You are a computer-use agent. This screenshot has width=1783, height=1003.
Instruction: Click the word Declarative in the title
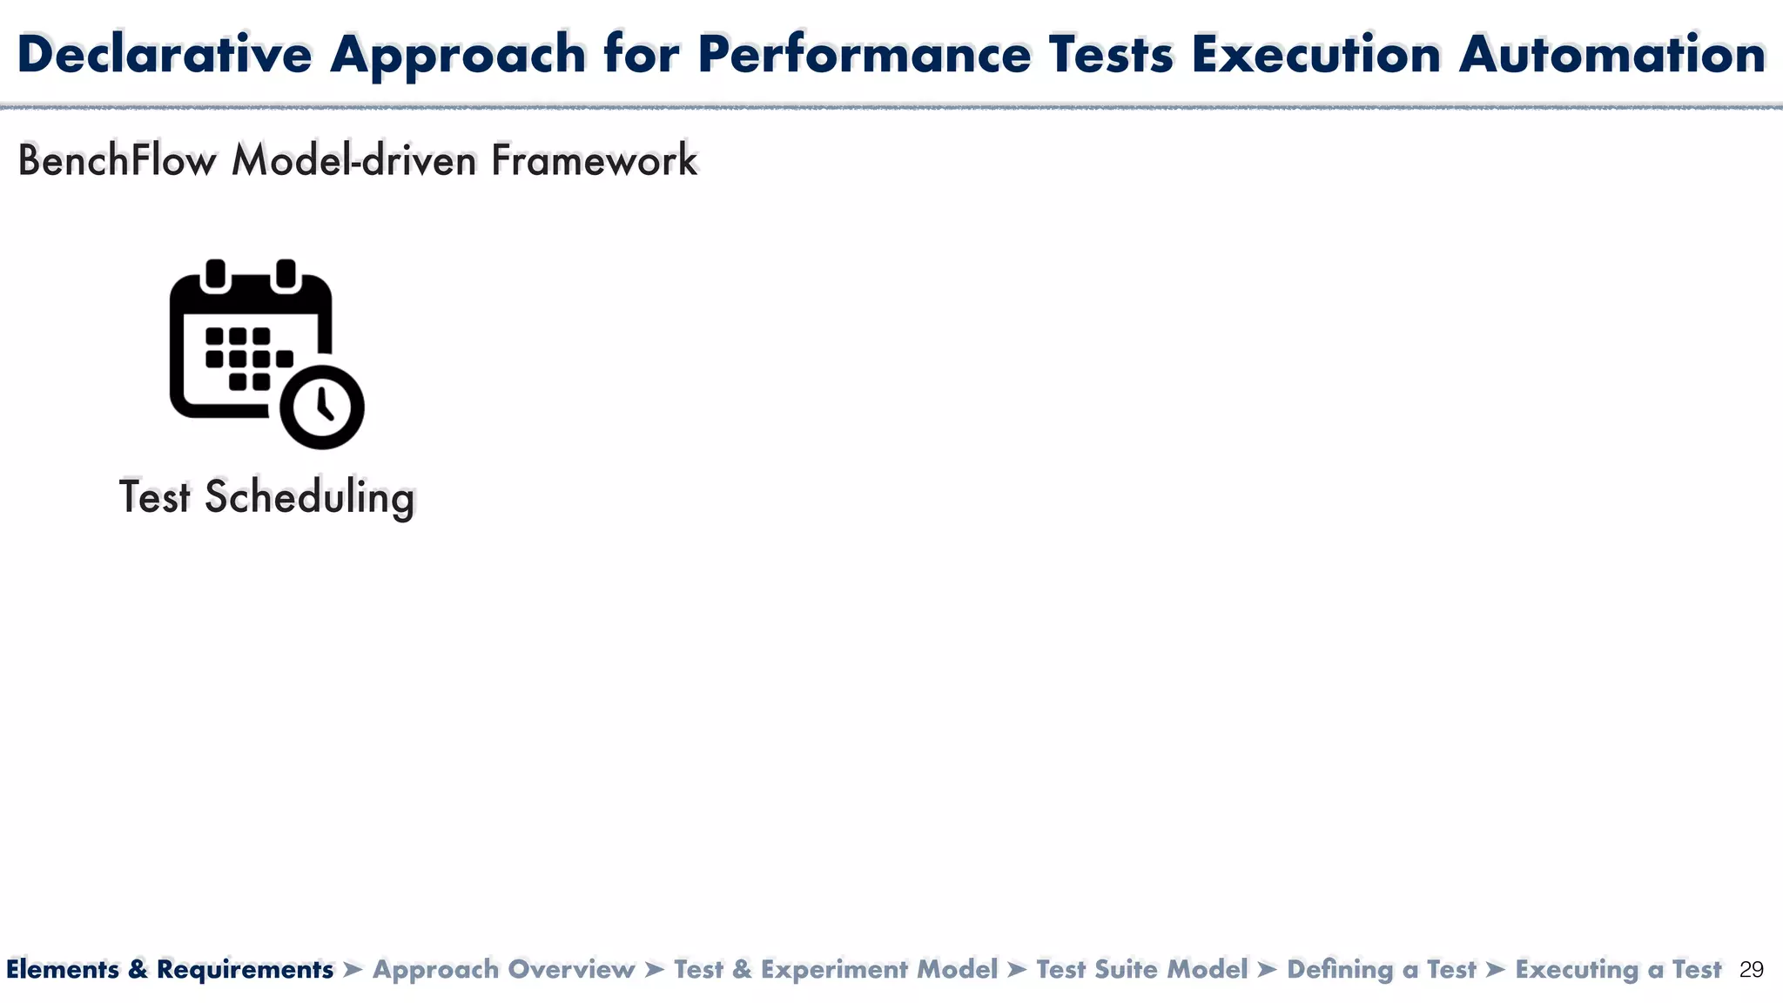(165, 54)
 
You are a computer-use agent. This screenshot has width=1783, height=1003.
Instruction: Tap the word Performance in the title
(864, 54)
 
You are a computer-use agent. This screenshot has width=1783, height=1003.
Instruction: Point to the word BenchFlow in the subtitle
(117, 161)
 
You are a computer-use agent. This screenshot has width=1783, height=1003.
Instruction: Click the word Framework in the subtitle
(594, 161)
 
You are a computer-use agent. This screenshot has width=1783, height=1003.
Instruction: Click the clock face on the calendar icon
(322, 407)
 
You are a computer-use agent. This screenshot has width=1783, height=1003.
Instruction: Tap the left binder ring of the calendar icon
(216, 274)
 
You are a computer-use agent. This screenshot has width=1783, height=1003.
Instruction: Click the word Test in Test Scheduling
(154, 497)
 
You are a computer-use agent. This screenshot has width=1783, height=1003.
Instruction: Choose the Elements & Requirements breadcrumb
(170, 969)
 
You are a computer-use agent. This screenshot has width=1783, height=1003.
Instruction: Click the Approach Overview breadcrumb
(504, 969)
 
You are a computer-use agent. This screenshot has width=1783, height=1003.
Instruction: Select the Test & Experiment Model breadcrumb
(836, 969)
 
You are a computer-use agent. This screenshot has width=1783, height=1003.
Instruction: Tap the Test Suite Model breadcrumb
(1142, 969)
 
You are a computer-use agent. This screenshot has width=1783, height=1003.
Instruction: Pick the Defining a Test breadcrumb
(1382, 969)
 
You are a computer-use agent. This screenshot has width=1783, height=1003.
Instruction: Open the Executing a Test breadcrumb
(1618, 969)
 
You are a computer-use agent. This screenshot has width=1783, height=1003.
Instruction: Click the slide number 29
(1751, 970)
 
